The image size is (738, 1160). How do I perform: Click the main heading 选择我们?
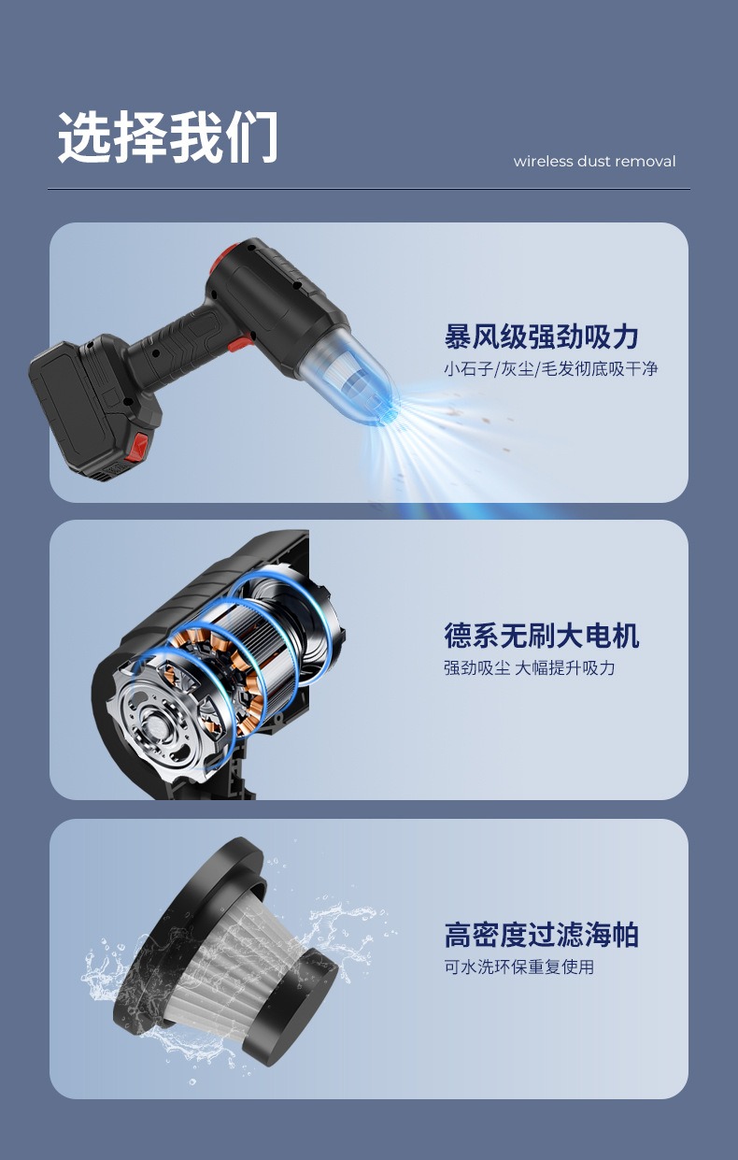(x=168, y=138)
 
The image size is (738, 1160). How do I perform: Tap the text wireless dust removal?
(x=594, y=162)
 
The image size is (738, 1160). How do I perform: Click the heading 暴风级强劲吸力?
(x=541, y=337)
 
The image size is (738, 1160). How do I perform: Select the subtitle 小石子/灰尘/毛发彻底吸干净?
(x=550, y=369)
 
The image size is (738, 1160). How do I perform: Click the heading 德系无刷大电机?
(x=541, y=636)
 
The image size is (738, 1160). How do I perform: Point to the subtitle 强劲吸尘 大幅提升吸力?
(x=529, y=668)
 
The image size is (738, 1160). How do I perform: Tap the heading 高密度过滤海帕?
(x=541, y=935)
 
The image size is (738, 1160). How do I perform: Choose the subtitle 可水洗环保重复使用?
(x=518, y=967)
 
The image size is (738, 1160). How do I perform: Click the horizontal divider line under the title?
(x=368, y=189)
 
